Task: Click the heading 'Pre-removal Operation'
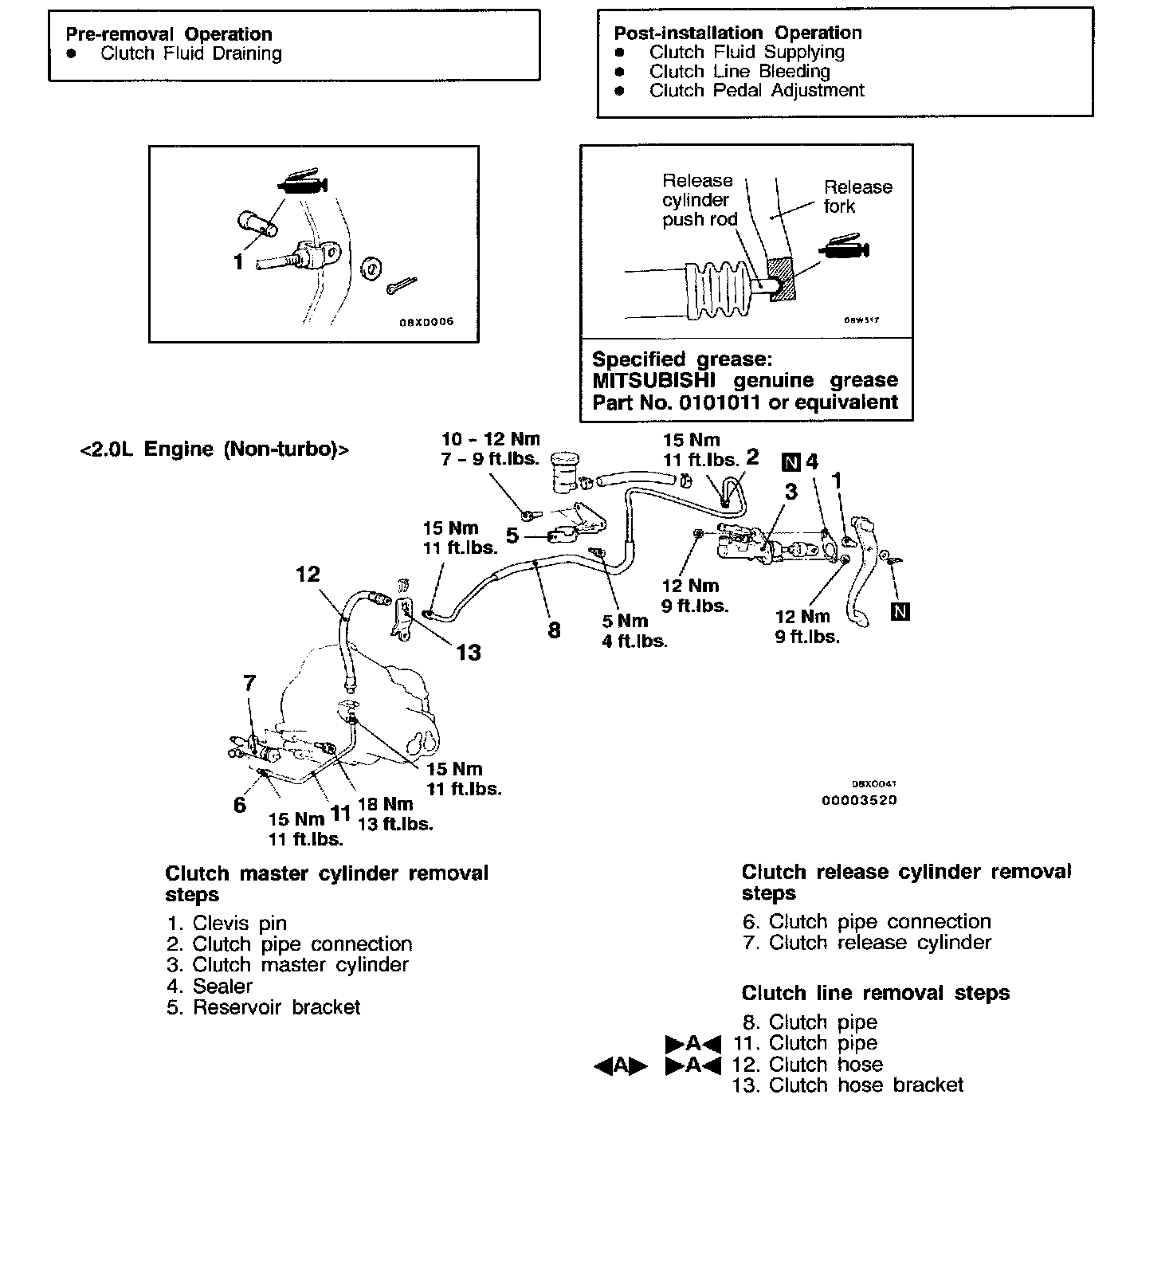tap(169, 34)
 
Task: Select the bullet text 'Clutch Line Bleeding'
tap(739, 71)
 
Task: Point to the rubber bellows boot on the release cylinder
tap(717, 288)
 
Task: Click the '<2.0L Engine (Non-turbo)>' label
tap(214, 449)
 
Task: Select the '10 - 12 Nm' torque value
tap(491, 439)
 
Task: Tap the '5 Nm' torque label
tap(626, 621)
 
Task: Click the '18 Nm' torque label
tap(386, 804)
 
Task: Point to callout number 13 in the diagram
tap(469, 653)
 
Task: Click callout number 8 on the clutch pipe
tap(554, 630)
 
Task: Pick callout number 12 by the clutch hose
tap(308, 574)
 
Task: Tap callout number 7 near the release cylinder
tap(249, 683)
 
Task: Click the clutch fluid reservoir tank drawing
tap(564, 472)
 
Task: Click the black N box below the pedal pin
tap(900, 612)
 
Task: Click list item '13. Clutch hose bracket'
tap(848, 1085)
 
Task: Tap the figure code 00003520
tap(859, 800)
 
